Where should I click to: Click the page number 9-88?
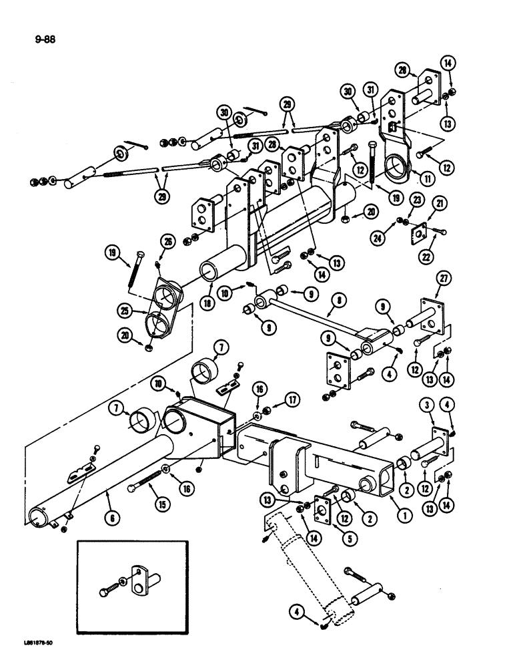coord(45,39)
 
